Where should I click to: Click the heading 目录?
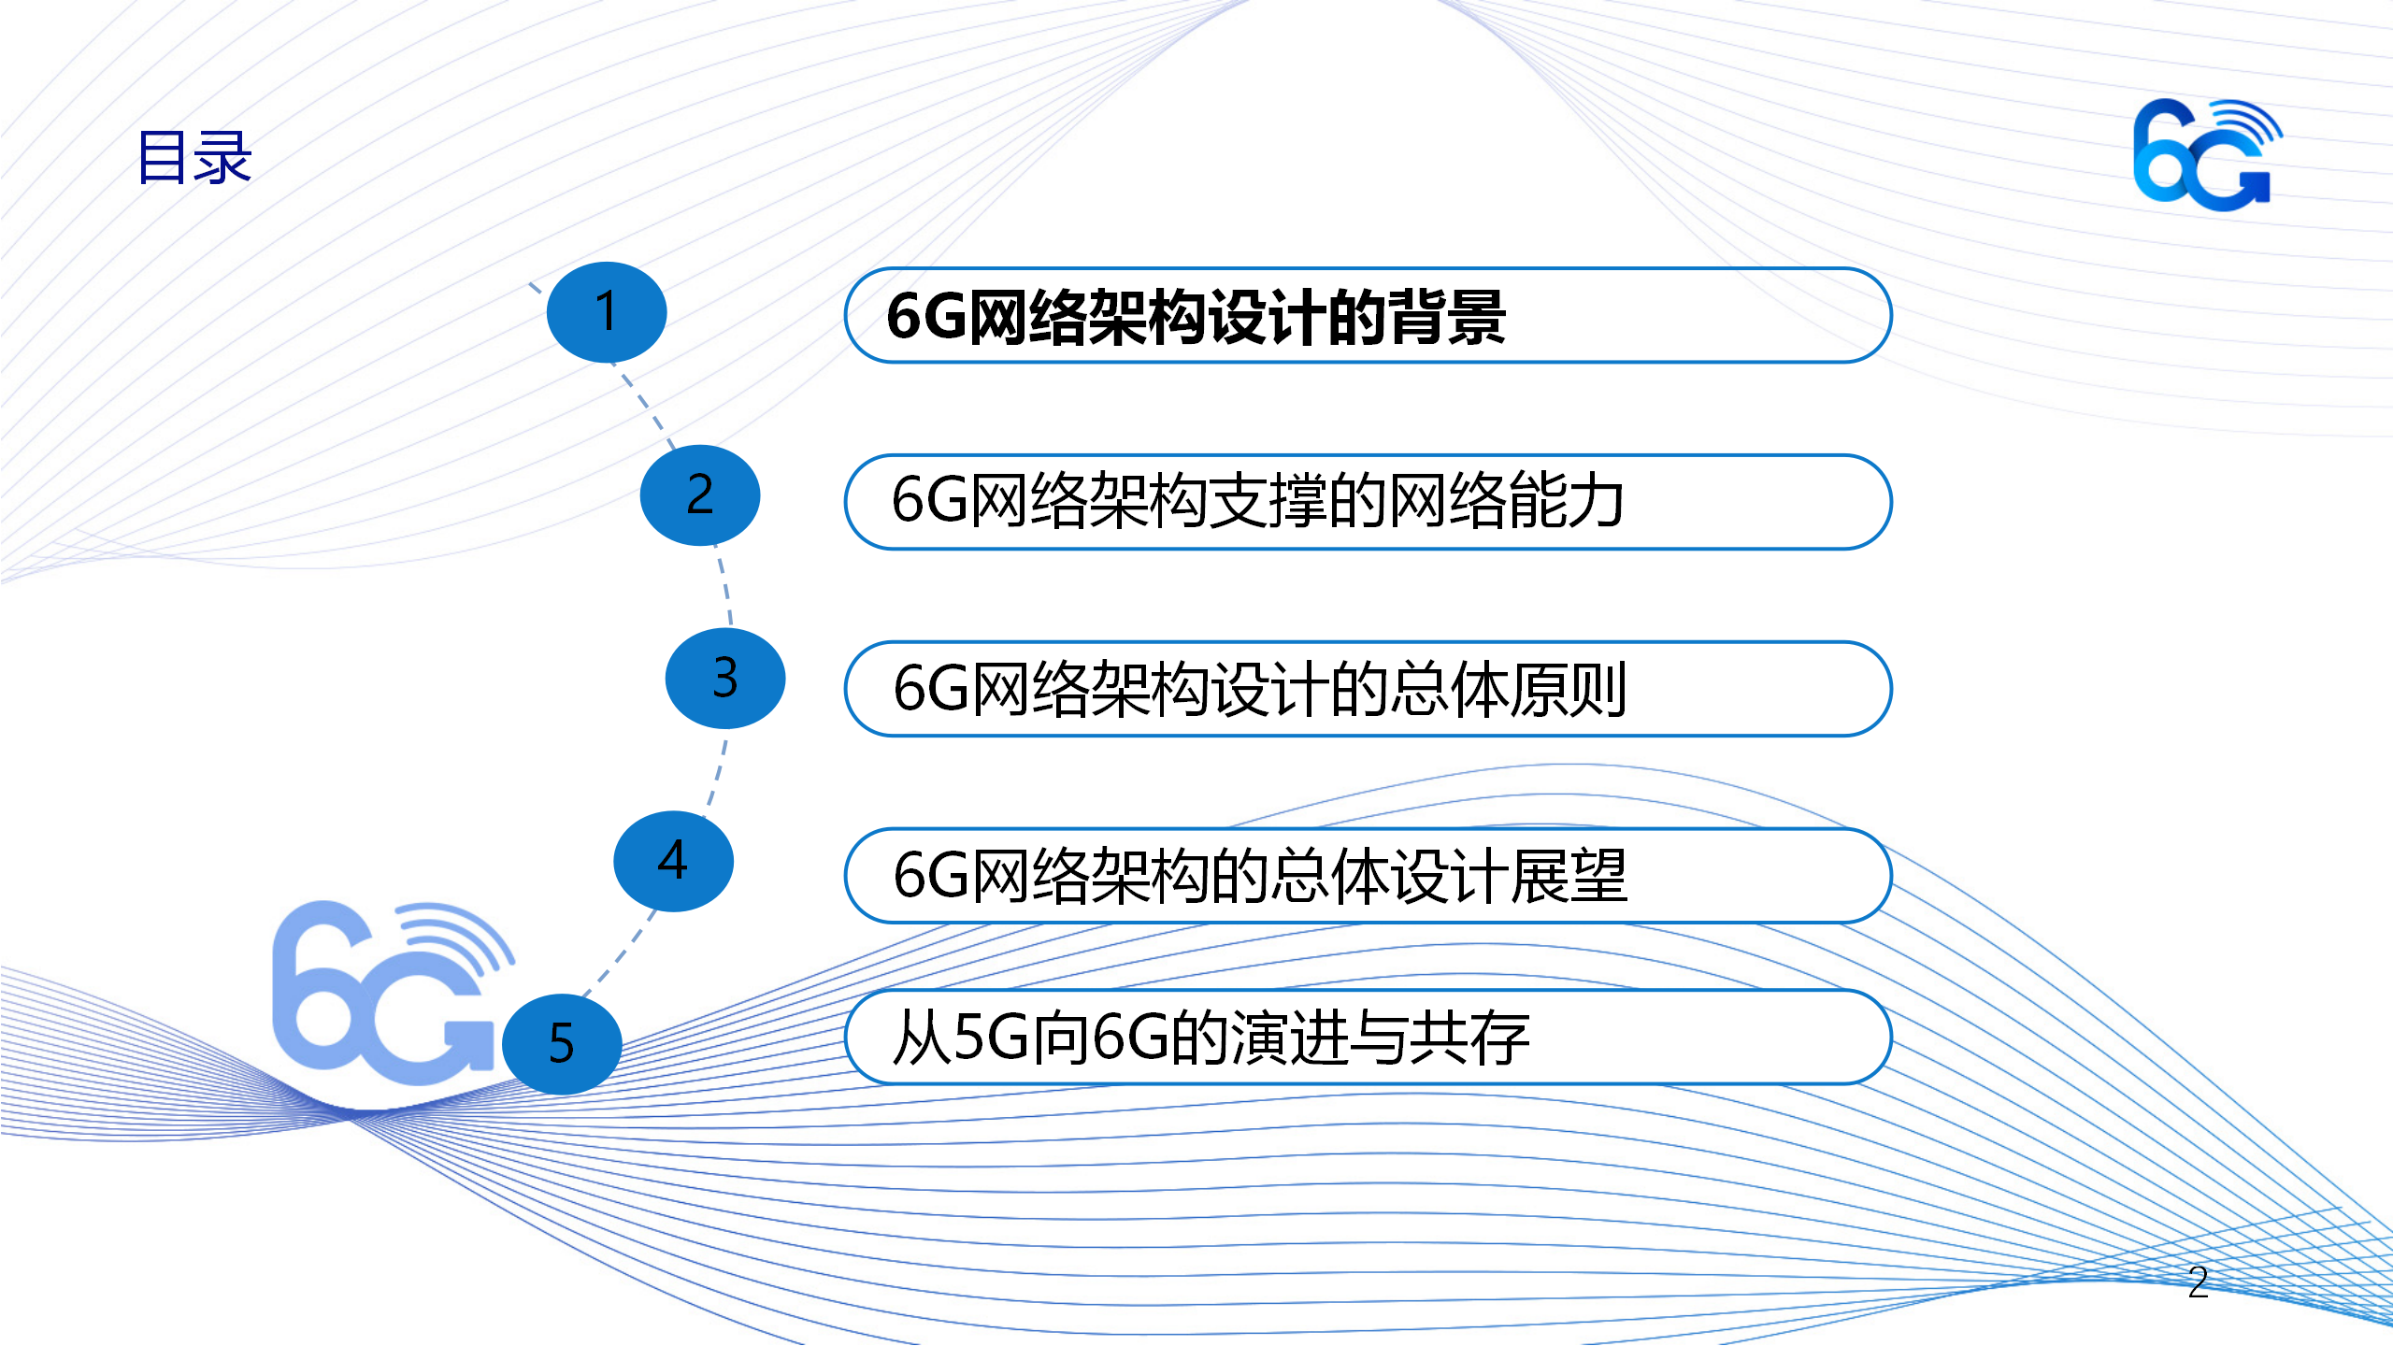tap(194, 157)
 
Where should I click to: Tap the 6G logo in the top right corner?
tap(2207, 154)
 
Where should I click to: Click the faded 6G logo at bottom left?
tap(393, 992)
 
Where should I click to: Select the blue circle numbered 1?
tap(607, 312)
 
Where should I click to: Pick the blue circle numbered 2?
tap(700, 495)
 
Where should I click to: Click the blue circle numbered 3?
tap(725, 679)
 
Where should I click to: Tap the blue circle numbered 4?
tap(673, 861)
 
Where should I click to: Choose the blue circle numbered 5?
tap(562, 1044)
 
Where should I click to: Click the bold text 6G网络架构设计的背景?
tap(1196, 317)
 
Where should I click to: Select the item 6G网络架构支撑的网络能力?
tap(1257, 500)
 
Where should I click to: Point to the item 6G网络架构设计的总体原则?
tap(1260, 689)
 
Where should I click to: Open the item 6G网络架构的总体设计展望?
tap(1260, 876)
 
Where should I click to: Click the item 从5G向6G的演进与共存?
tap(1211, 1038)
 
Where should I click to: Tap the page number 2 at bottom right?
tap(2198, 1282)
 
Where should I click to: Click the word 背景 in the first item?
tap(1446, 317)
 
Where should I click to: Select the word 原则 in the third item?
tap(1569, 689)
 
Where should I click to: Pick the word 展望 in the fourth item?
tap(1569, 876)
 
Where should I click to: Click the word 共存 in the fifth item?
tap(1471, 1038)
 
